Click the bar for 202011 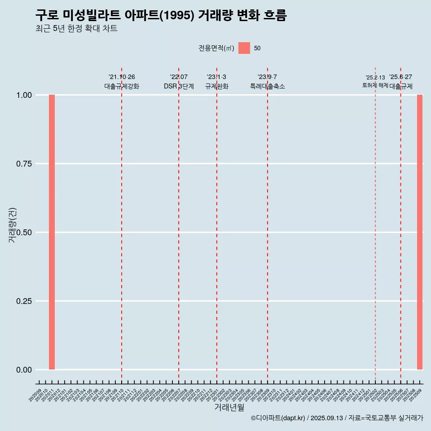click(52, 232)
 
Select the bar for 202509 click(420, 232)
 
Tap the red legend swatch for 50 click(244, 48)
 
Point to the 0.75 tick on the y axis click(24, 164)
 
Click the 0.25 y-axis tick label click(24, 301)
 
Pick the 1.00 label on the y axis click(24, 95)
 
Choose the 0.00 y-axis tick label click(24, 370)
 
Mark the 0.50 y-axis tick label click(24, 233)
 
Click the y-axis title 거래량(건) click(13, 225)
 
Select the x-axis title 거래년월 click(229, 408)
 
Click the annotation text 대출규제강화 click(122, 86)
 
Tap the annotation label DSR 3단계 click(179, 86)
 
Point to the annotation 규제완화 click(217, 86)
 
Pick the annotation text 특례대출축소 click(268, 86)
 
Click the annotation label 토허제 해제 click(375, 85)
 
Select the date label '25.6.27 click(400, 77)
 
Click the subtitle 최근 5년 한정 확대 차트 click(76, 29)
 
